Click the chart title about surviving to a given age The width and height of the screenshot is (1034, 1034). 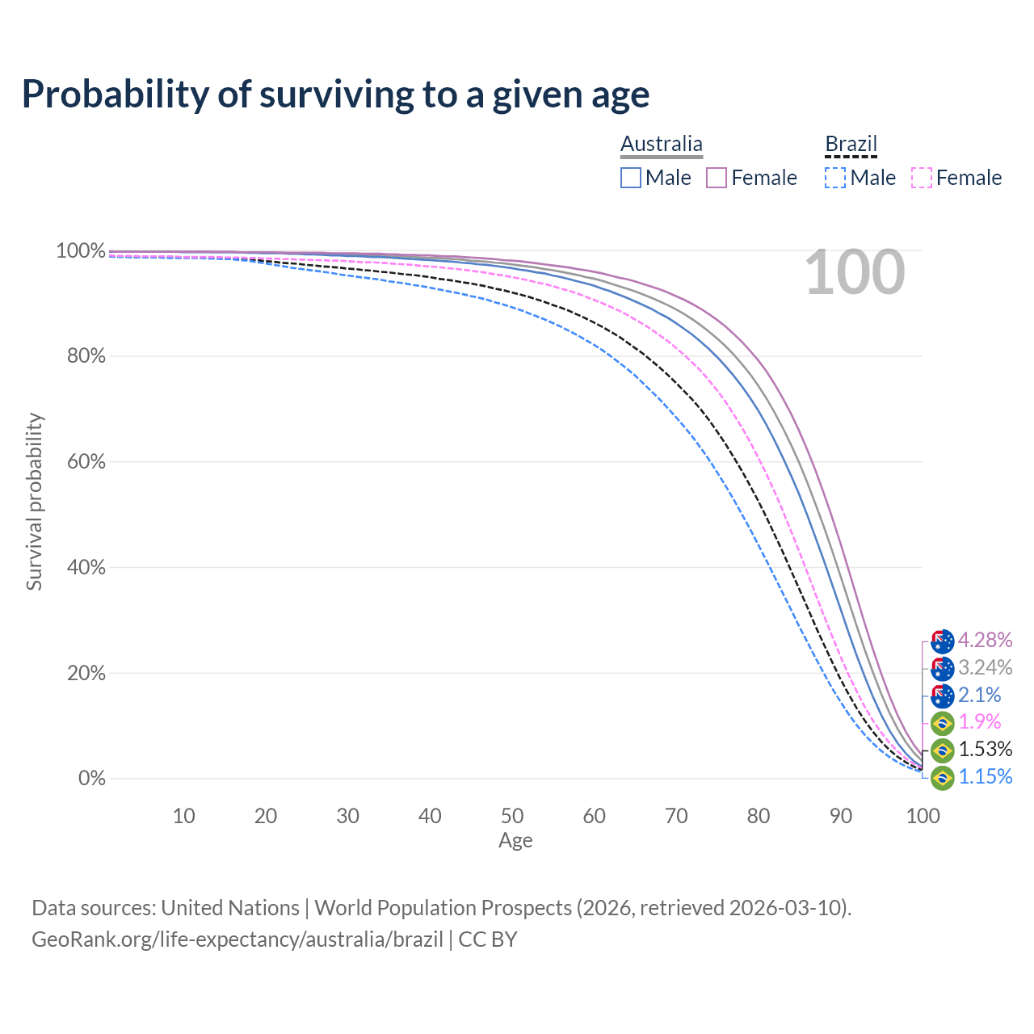click(335, 95)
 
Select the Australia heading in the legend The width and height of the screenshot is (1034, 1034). click(662, 144)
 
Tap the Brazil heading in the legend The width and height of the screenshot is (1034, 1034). click(851, 144)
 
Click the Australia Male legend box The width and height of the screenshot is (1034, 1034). click(631, 178)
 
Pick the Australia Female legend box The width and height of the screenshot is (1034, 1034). click(717, 178)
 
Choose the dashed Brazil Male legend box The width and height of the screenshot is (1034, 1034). click(835, 178)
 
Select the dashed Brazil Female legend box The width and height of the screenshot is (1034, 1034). click(921, 178)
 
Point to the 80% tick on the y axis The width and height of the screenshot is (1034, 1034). click(86, 356)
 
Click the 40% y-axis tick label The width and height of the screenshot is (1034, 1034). click(86, 568)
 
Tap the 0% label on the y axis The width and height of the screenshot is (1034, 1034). click(91, 779)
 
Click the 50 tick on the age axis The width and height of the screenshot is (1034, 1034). click(512, 816)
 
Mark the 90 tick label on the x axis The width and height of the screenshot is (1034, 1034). click(841, 816)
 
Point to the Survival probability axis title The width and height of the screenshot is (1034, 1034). click(34, 502)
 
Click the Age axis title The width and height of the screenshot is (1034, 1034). click(515, 841)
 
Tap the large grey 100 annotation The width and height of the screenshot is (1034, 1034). click(855, 273)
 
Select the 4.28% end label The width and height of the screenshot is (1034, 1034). click(985, 641)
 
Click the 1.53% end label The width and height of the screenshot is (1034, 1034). click(985, 749)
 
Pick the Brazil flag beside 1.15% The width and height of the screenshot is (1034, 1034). click(942, 778)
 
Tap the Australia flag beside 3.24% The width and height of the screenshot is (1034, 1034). click(942, 669)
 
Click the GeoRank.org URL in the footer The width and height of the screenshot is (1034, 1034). click(237, 939)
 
